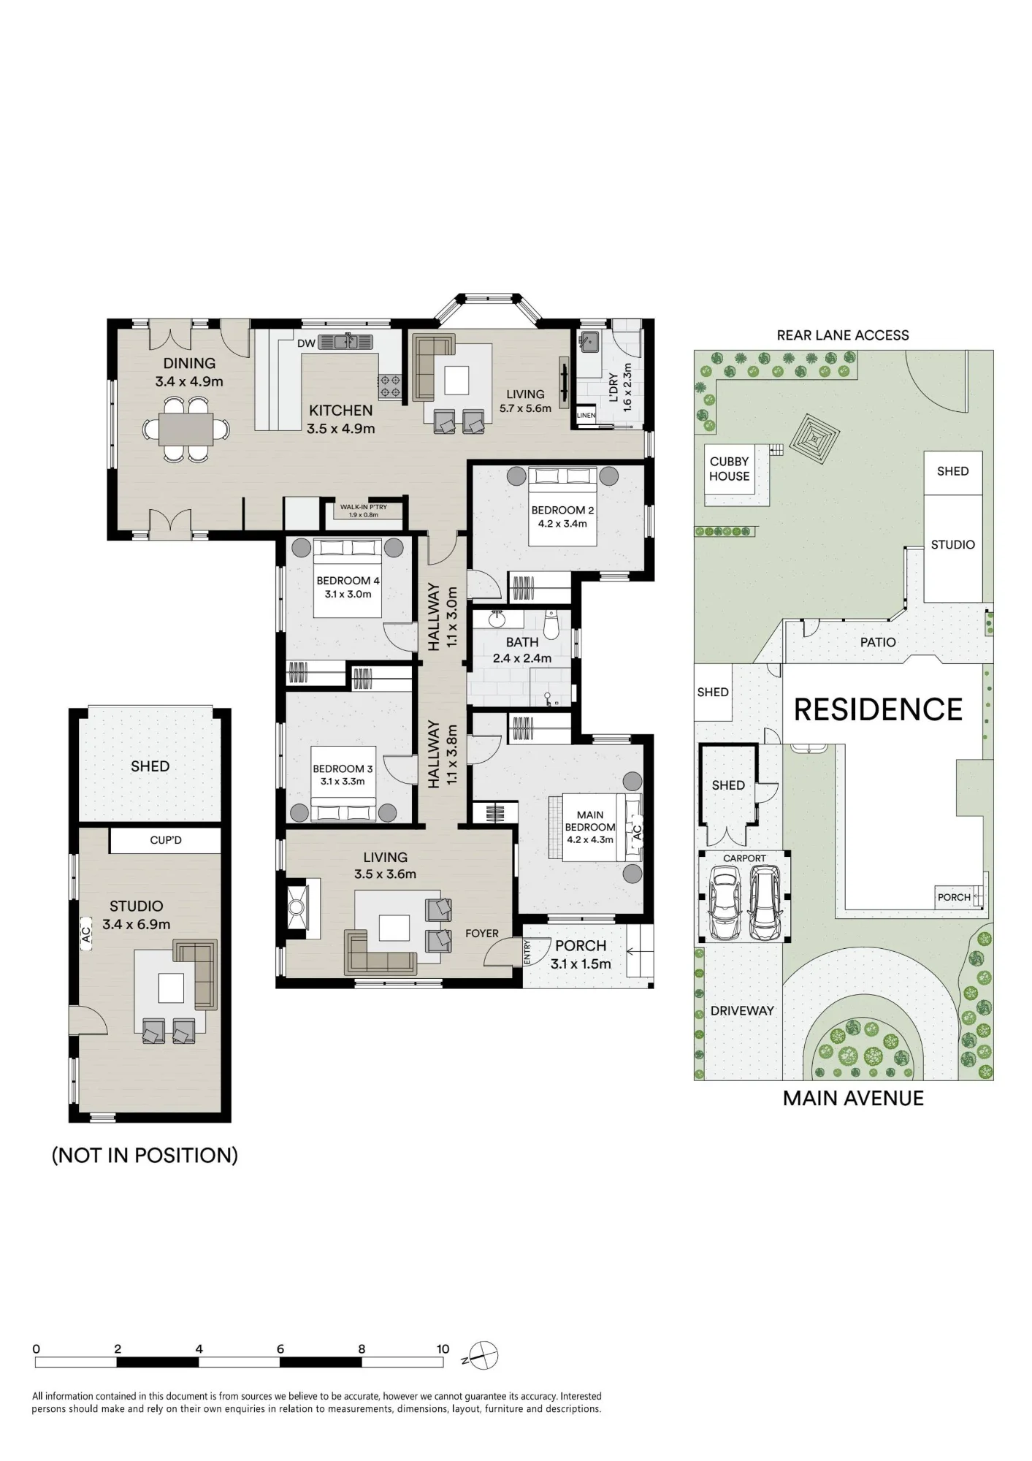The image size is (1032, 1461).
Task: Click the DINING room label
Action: pyautogui.click(x=189, y=363)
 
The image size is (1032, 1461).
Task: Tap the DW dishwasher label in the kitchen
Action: pyautogui.click(x=307, y=344)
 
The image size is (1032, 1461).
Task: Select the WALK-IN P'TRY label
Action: pyautogui.click(x=364, y=507)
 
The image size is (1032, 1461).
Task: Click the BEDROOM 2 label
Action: pyautogui.click(x=562, y=510)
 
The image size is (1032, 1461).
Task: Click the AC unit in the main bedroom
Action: pyautogui.click(x=635, y=831)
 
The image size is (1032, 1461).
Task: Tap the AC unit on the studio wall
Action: pyautogui.click(x=85, y=934)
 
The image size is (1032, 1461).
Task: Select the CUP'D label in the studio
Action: pyautogui.click(x=166, y=840)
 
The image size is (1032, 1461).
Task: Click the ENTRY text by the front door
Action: pyautogui.click(x=527, y=952)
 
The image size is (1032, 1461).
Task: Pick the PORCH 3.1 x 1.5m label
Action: pyautogui.click(x=581, y=954)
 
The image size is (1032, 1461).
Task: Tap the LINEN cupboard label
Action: pyautogui.click(x=586, y=415)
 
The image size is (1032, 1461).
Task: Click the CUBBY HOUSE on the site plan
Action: pyautogui.click(x=730, y=469)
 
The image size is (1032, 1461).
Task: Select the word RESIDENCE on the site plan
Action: pyautogui.click(x=878, y=710)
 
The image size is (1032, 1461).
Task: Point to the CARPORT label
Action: pyautogui.click(x=744, y=858)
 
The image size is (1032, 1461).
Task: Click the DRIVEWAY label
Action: pyautogui.click(x=742, y=1011)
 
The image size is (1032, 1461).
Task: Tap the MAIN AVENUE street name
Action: pyautogui.click(x=853, y=1098)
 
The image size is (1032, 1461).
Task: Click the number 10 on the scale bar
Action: pyautogui.click(x=443, y=1349)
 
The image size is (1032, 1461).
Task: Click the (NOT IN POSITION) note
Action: pyautogui.click(x=145, y=1155)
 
